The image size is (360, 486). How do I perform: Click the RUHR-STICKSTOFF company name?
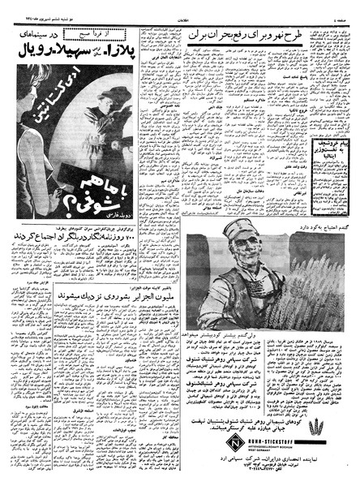tap(248, 421)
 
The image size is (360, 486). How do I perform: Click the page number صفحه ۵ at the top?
tap(338, 7)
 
